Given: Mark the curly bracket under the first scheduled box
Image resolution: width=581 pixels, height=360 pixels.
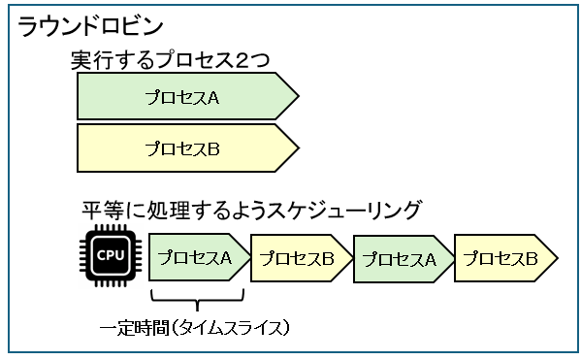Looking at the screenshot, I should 197,299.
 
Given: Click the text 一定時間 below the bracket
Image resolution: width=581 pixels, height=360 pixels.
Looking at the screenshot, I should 135,328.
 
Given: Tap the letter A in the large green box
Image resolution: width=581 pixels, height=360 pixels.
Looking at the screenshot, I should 214,98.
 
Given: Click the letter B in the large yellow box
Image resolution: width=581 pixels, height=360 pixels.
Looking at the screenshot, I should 214,148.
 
